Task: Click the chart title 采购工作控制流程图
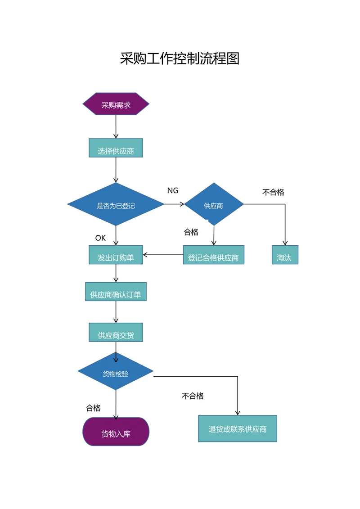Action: [180, 59]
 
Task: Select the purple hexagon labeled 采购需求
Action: [116, 104]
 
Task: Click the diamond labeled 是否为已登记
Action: [116, 205]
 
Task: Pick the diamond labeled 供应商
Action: [214, 205]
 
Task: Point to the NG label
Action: [173, 190]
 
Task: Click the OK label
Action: [100, 238]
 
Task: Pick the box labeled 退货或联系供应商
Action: [238, 428]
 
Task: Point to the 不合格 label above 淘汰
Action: [273, 192]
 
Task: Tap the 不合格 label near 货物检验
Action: [193, 396]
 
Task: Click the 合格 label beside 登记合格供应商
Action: [191, 232]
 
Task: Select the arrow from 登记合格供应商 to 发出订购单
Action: [163, 255]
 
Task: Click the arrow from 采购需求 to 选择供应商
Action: [116, 127]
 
